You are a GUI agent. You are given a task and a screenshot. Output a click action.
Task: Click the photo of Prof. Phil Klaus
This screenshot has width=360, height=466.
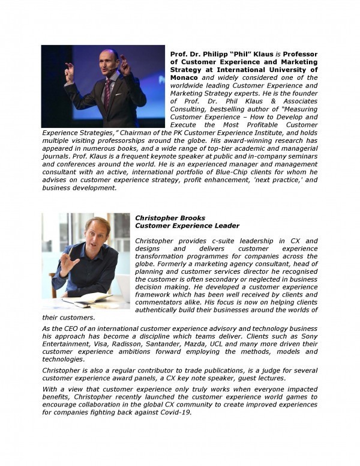tap(103, 86)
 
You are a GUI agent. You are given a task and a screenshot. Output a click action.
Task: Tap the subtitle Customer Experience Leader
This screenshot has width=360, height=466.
tap(187, 226)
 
